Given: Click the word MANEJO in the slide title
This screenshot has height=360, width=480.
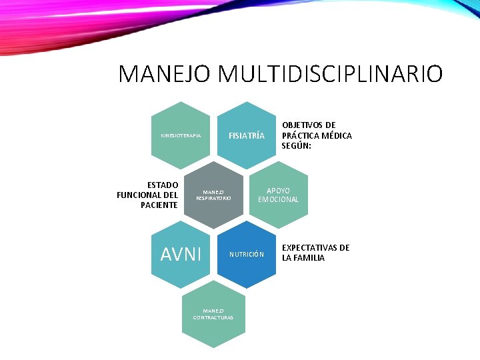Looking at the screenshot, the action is (165, 74).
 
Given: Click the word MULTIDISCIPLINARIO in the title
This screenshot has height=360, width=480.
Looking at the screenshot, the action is (329, 74).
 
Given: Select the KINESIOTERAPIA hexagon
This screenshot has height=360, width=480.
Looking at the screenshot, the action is (181, 135).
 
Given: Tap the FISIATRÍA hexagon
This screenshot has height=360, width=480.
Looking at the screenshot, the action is (247, 135).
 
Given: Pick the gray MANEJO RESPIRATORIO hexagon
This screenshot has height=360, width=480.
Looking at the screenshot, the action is (213, 195).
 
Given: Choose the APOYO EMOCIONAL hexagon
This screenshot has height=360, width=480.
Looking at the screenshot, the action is (279, 195).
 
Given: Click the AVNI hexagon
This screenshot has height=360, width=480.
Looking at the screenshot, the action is (181, 254).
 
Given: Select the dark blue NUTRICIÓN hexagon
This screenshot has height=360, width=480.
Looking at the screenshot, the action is (247, 254).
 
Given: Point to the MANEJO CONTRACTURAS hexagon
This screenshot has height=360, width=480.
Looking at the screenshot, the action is (213, 313).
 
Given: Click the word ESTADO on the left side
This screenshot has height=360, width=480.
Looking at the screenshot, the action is (163, 185).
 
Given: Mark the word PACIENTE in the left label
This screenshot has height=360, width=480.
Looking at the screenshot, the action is (159, 205).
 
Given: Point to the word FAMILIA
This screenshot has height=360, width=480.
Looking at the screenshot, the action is (310, 258).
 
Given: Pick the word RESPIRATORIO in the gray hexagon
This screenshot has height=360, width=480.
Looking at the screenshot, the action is (213, 199).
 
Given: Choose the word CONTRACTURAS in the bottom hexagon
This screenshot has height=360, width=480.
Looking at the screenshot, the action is (213, 317).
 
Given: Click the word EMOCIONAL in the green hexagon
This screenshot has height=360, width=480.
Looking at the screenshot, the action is (279, 200).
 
